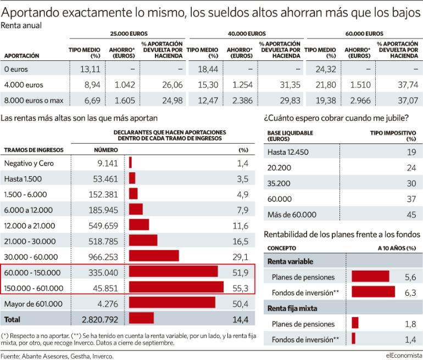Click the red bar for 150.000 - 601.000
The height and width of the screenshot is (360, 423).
tap(176, 287)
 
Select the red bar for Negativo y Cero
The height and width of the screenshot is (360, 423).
tap(130, 162)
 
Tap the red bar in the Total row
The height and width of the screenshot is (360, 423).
tap(141, 318)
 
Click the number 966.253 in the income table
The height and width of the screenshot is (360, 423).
tap(103, 257)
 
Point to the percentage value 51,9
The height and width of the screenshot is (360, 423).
tap(241, 273)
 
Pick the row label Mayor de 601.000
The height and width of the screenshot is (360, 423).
tap(33, 304)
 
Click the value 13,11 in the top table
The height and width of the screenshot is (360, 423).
tap(90, 69)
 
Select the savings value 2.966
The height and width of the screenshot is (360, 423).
tap(360, 100)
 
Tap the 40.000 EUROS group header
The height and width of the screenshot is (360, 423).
tap(247, 33)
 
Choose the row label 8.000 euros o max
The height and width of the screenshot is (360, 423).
tap(34, 100)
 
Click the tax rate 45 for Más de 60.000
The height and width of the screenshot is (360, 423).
tap(411, 215)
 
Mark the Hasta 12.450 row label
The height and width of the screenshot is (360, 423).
tap(288, 152)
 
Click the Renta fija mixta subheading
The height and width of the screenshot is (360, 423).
tap(292, 308)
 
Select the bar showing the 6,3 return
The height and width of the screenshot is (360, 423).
tap(374, 292)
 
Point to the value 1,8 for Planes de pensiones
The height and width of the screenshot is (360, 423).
tap(410, 324)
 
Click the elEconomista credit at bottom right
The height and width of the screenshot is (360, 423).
tap(403, 356)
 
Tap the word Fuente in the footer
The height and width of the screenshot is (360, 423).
tap(10, 356)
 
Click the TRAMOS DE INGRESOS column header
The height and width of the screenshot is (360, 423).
tap(34, 150)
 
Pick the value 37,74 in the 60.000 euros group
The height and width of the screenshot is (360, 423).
tap(408, 85)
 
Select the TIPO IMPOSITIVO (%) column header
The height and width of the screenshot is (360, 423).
tap(393, 136)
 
